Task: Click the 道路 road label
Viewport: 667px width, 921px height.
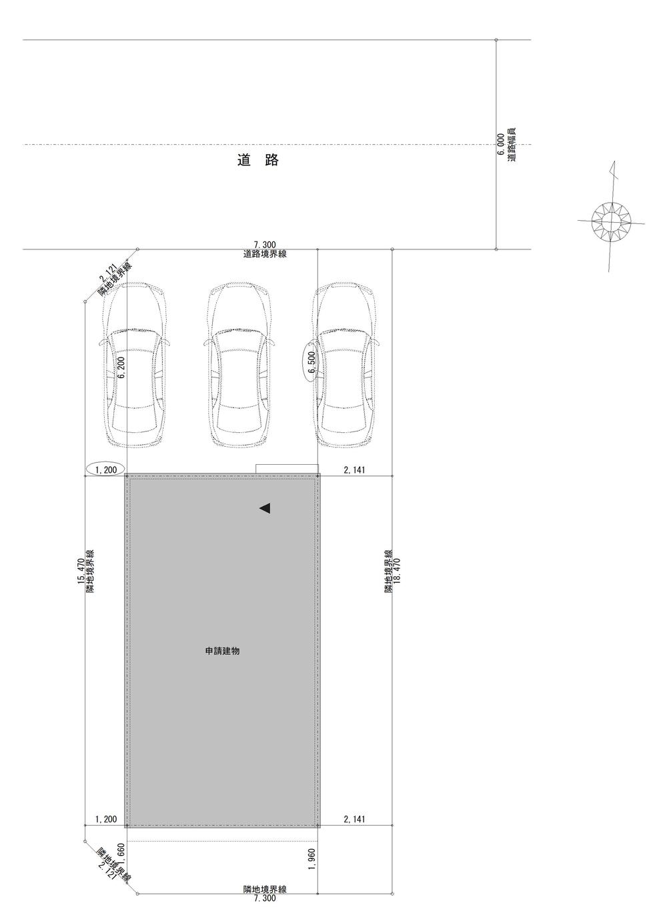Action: click(x=258, y=159)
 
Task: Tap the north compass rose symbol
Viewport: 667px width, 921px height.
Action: click(x=611, y=222)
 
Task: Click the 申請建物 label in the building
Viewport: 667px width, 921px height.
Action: click(x=222, y=652)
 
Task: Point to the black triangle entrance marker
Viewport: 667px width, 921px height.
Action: click(x=265, y=509)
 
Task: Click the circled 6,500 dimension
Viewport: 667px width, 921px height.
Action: click(x=311, y=362)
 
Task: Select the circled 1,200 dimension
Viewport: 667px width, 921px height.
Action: click(x=106, y=469)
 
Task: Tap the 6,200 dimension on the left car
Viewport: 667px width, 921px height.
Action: click(x=121, y=367)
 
